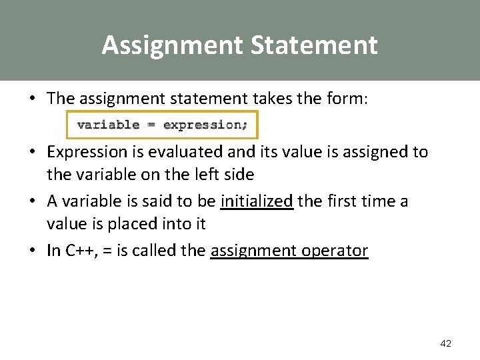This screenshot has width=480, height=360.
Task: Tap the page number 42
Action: coord(446,343)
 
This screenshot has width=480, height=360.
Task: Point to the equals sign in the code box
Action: coord(151,124)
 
